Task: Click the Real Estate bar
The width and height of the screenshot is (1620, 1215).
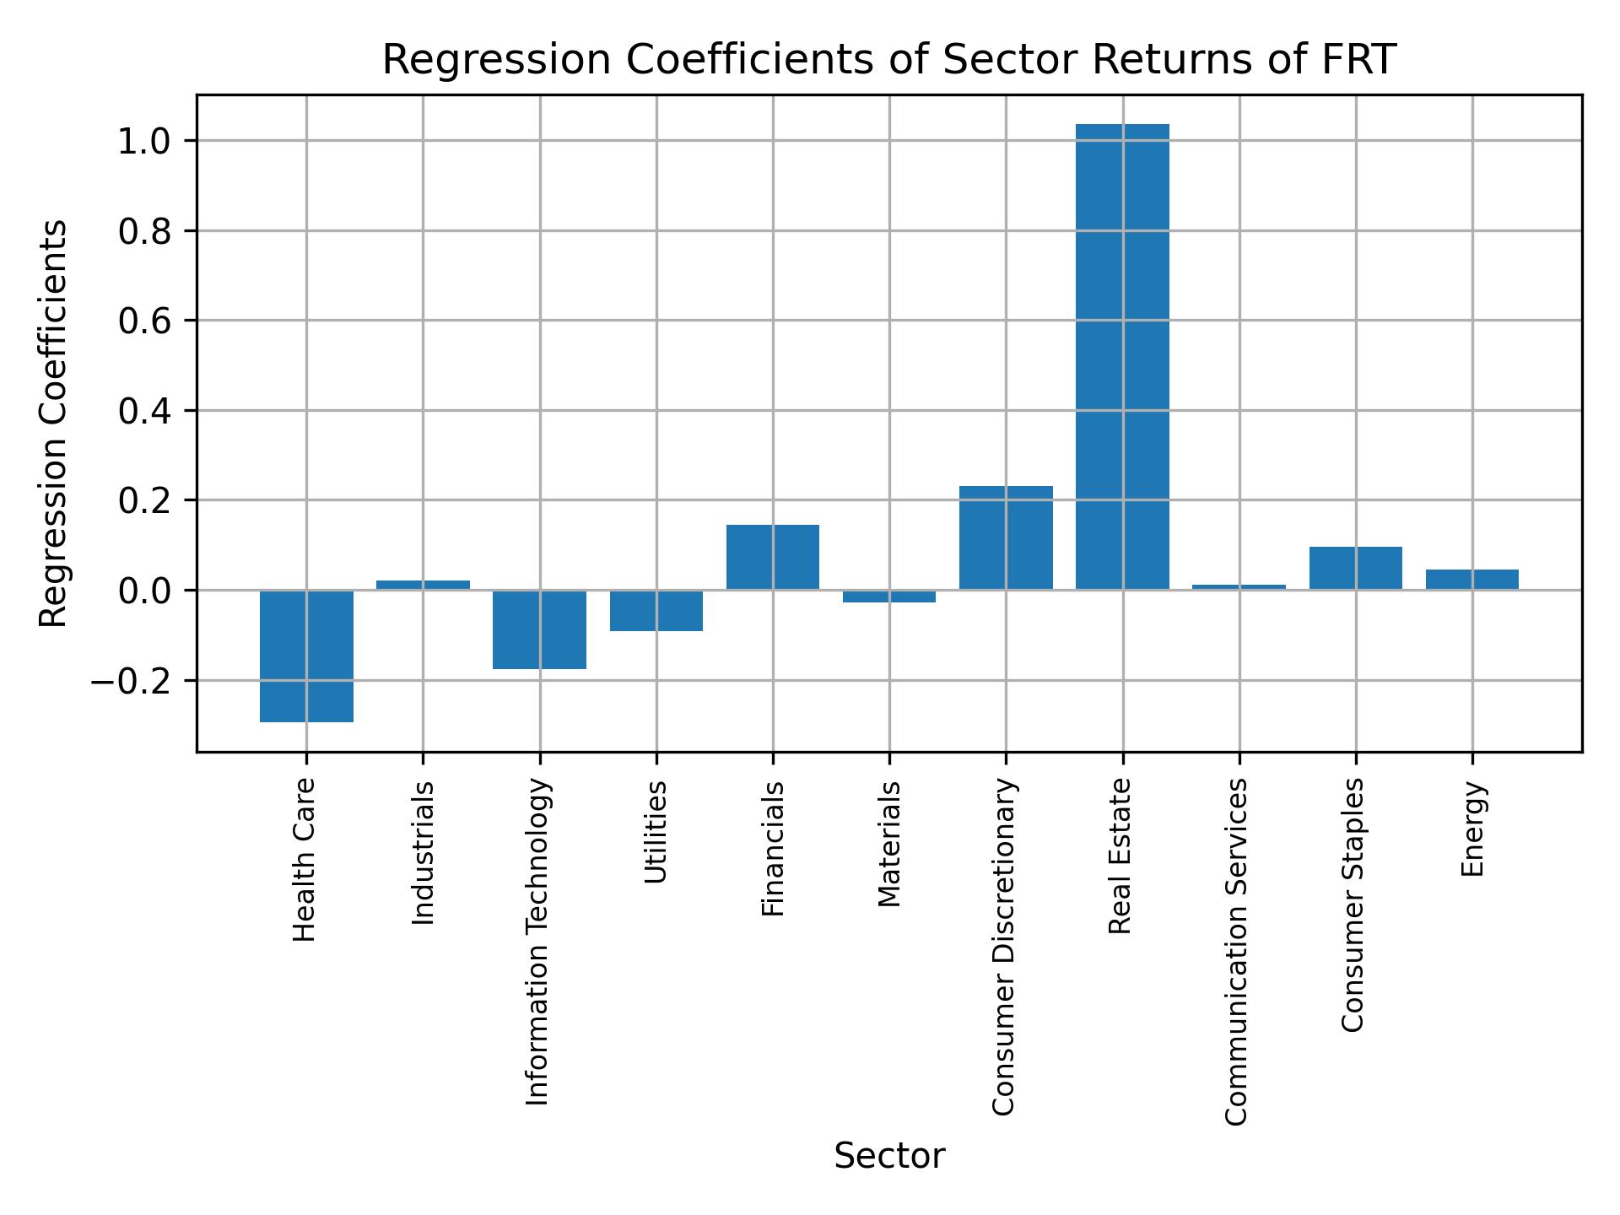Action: coord(1122,356)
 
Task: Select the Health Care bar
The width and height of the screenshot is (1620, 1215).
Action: coord(306,656)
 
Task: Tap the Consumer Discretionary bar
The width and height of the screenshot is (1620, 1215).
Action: coord(1006,537)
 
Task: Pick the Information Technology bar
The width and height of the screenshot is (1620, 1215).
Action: coord(539,629)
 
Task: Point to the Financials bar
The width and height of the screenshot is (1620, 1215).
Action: coord(772,557)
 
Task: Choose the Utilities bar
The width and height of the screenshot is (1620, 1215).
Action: coord(656,610)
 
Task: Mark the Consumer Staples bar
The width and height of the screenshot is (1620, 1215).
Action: coord(1355,568)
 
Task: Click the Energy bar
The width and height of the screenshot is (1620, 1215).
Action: coord(1471,580)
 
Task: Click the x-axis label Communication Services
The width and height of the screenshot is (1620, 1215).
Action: coord(1236,952)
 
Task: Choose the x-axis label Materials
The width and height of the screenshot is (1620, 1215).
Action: coord(889,844)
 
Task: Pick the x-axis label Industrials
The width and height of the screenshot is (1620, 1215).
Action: coord(424,852)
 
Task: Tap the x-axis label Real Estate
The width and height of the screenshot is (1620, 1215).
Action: coord(1120,856)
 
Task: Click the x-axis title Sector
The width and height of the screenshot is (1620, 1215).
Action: coord(889,1156)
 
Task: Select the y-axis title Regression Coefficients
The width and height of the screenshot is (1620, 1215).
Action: coord(54,424)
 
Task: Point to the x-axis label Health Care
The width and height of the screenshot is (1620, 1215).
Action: coord(305,860)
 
